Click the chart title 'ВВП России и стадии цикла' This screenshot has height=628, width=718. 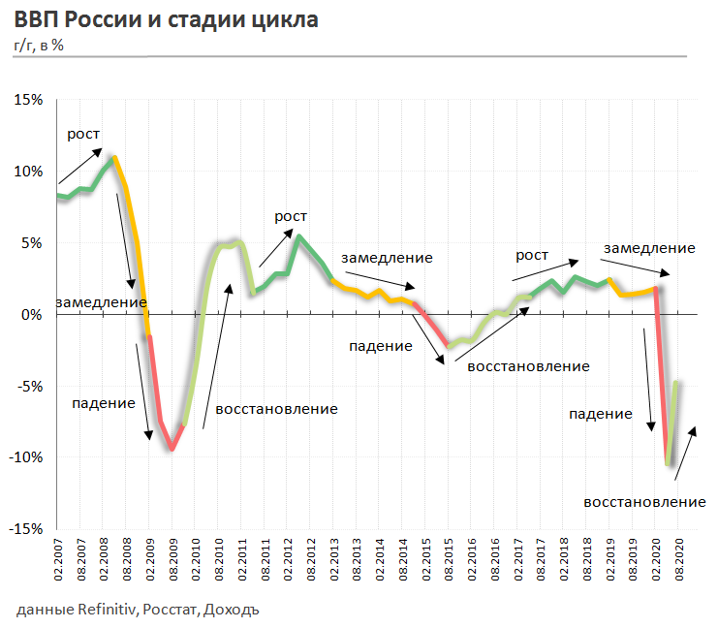point(166,20)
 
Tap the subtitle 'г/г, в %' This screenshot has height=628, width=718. point(40,45)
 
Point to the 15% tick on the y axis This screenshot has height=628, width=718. point(27,100)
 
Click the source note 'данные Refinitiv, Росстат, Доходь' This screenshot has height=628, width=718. point(138,610)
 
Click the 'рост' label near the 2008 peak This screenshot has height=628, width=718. point(83,135)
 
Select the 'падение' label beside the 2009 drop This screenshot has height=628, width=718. point(103,402)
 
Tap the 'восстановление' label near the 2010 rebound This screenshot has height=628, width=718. point(276,409)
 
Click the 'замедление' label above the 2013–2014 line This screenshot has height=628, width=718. point(387,258)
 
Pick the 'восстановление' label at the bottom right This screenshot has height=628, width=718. point(644,502)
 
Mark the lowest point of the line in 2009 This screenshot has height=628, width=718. point(172,449)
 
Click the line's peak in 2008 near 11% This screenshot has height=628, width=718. point(114,157)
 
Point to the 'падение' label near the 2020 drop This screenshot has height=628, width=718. point(600,414)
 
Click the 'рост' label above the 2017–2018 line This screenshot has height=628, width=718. point(532,255)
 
